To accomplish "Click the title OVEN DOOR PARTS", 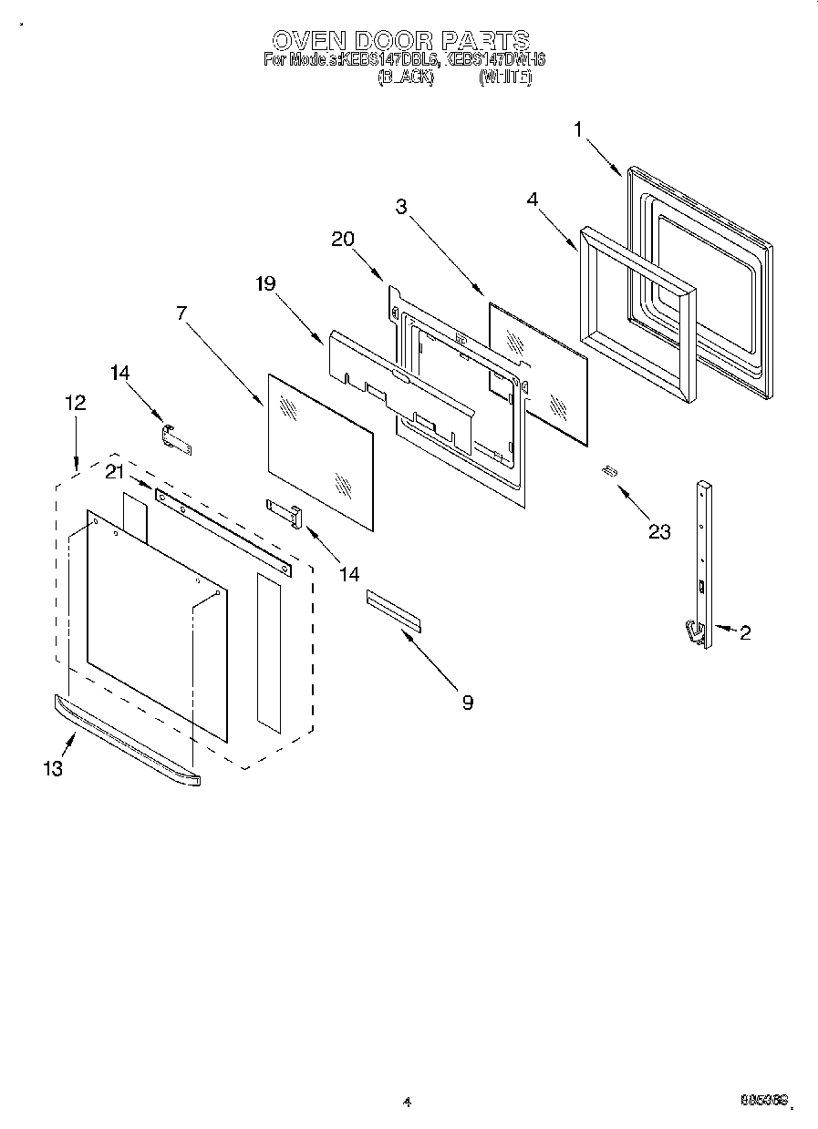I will click(401, 40).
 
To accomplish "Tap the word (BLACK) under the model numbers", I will click(405, 78).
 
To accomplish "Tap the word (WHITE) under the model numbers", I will click(504, 78).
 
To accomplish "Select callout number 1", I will click(578, 129).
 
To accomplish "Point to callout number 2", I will click(745, 633).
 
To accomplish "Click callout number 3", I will click(400, 206).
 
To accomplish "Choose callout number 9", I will click(467, 702).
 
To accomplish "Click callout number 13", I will click(53, 768).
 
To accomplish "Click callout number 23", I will click(658, 531).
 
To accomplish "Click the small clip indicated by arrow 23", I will click(609, 470).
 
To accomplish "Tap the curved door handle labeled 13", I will click(128, 740).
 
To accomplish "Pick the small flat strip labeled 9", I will click(394, 610).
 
